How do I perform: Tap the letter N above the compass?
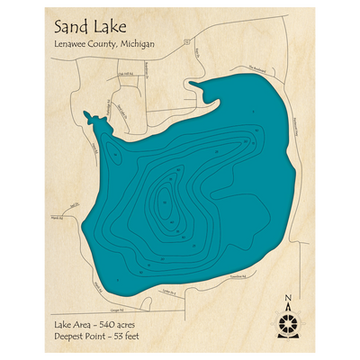coord(287,300)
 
